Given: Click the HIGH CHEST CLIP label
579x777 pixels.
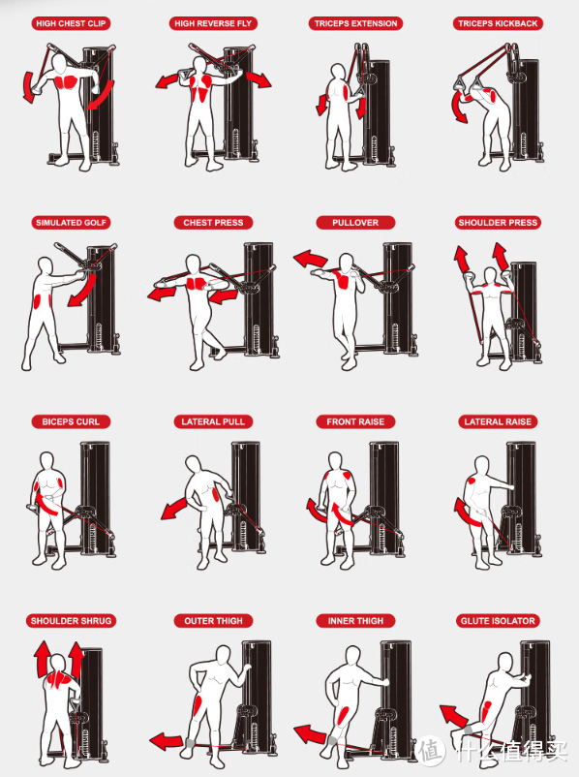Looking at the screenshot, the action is [x=71, y=23].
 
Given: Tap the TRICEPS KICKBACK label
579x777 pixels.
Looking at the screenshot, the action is [x=498, y=23].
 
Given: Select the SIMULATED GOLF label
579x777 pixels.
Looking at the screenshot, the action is [x=71, y=223].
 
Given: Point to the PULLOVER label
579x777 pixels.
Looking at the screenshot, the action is [x=355, y=223].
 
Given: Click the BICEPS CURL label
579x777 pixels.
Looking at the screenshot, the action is [x=71, y=421].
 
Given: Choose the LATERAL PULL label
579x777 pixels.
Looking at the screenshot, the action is [x=213, y=421].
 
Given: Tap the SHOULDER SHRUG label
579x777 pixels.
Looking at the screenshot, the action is [x=71, y=621].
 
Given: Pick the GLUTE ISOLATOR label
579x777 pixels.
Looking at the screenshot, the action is [x=498, y=621].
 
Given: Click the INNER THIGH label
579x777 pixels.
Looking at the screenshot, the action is [x=355, y=621].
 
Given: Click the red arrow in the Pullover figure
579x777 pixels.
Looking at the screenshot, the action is [x=311, y=259].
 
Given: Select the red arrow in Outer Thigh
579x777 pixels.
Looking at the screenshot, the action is [x=167, y=742].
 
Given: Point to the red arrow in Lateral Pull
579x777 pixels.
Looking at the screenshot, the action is [x=173, y=509].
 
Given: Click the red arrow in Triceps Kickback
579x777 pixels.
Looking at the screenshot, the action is [x=458, y=107].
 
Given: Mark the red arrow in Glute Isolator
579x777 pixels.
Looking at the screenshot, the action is [x=452, y=716].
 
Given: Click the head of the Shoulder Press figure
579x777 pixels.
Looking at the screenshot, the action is [x=490, y=275].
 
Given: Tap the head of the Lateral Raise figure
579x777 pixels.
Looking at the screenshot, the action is [x=482, y=465].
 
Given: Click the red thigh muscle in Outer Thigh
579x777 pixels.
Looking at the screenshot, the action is [x=198, y=709].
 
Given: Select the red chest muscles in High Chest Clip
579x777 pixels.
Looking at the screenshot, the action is [x=67, y=81].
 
